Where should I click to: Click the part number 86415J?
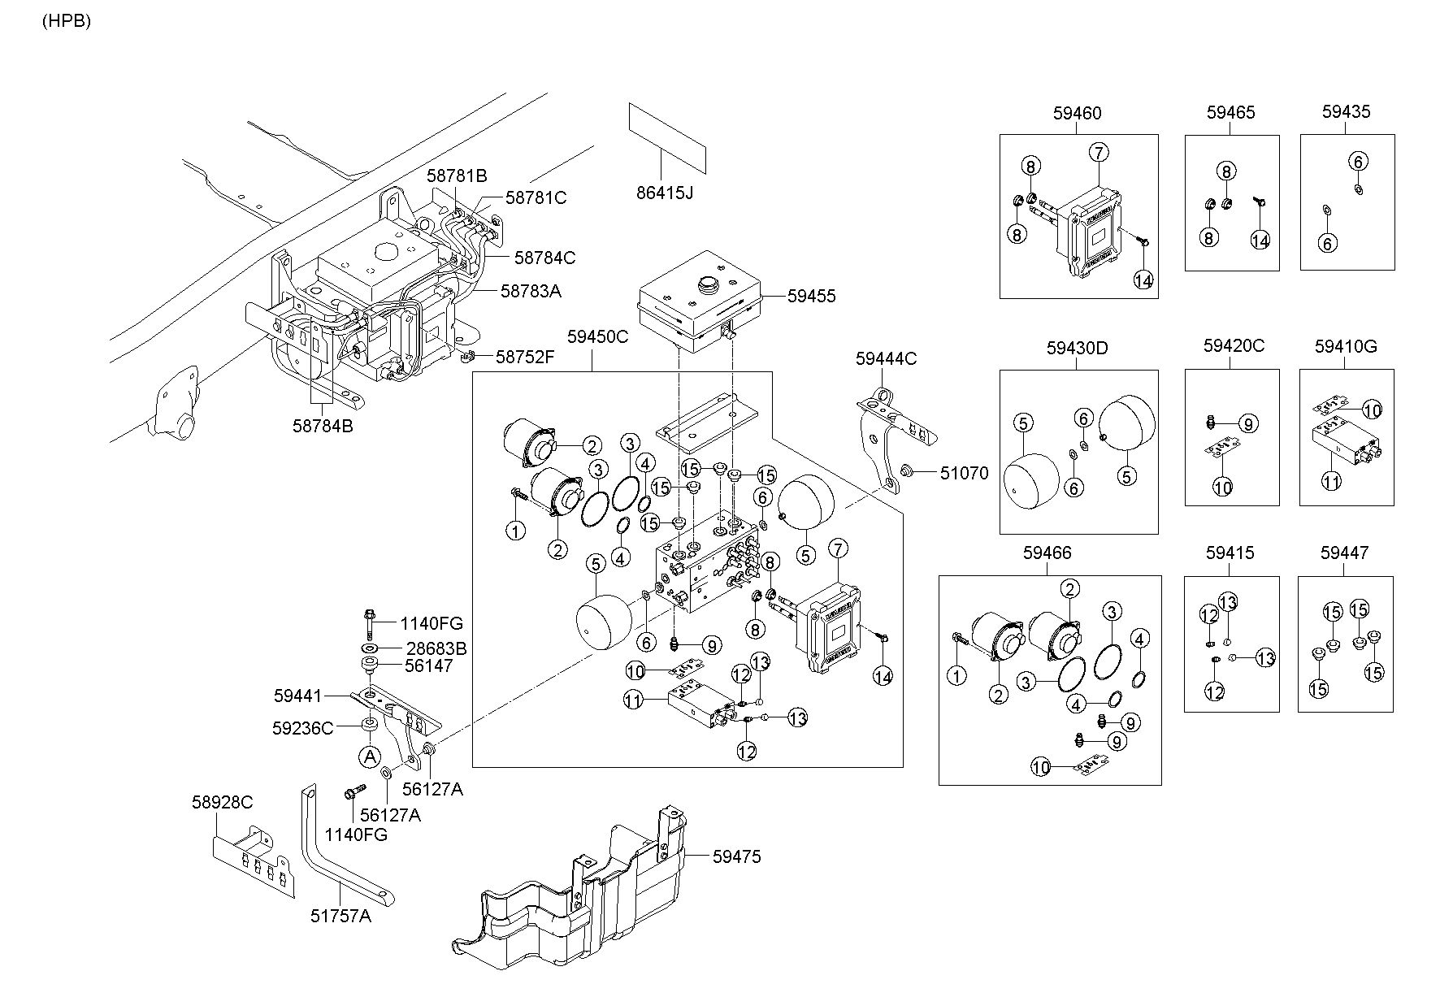click(x=666, y=193)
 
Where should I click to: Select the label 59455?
click(x=811, y=297)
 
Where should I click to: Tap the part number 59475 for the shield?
click(x=736, y=856)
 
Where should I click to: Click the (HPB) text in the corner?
click(x=67, y=22)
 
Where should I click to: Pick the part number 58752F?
click(x=525, y=356)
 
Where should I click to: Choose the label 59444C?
click(x=886, y=358)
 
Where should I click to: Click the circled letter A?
click(x=370, y=757)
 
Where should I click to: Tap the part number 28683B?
click(x=437, y=648)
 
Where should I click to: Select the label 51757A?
click(x=340, y=916)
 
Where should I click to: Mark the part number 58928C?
click(x=223, y=802)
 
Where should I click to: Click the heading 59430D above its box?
click(x=1077, y=348)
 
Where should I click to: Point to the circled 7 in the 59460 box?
click(x=1098, y=152)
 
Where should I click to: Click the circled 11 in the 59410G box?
click(x=1330, y=481)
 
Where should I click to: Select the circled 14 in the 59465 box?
click(x=1260, y=240)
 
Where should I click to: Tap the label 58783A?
click(x=531, y=290)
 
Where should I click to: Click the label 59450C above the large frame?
click(x=597, y=336)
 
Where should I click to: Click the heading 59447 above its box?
click(x=1344, y=553)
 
